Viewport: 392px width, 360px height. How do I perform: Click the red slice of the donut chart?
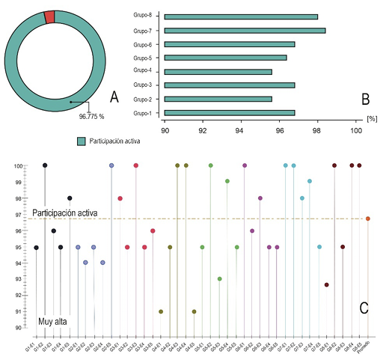pyautogui.click(x=49, y=17)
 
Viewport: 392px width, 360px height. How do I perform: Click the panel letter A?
pyautogui.click(x=114, y=97)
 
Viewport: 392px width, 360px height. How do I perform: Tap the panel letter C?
pyautogui.click(x=364, y=306)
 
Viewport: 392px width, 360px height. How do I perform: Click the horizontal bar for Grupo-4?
pyautogui.click(x=218, y=72)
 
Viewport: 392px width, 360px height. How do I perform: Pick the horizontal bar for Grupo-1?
pyautogui.click(x=230, y=113)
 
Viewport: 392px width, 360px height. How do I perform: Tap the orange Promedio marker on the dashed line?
pyautogui.click(x=368, y=219)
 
